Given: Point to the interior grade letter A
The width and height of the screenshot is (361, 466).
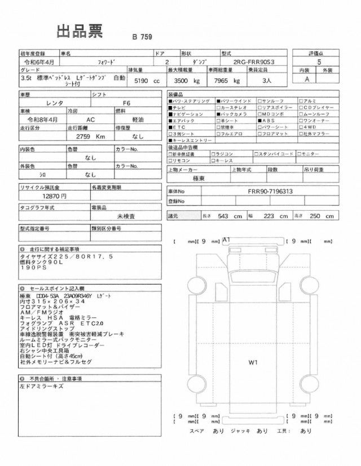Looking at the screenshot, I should (x=307, y=80).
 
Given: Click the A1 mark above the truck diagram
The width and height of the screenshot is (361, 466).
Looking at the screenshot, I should (x=227, y=240).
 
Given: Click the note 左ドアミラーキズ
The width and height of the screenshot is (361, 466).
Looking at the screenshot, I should (x=42, y=387).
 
